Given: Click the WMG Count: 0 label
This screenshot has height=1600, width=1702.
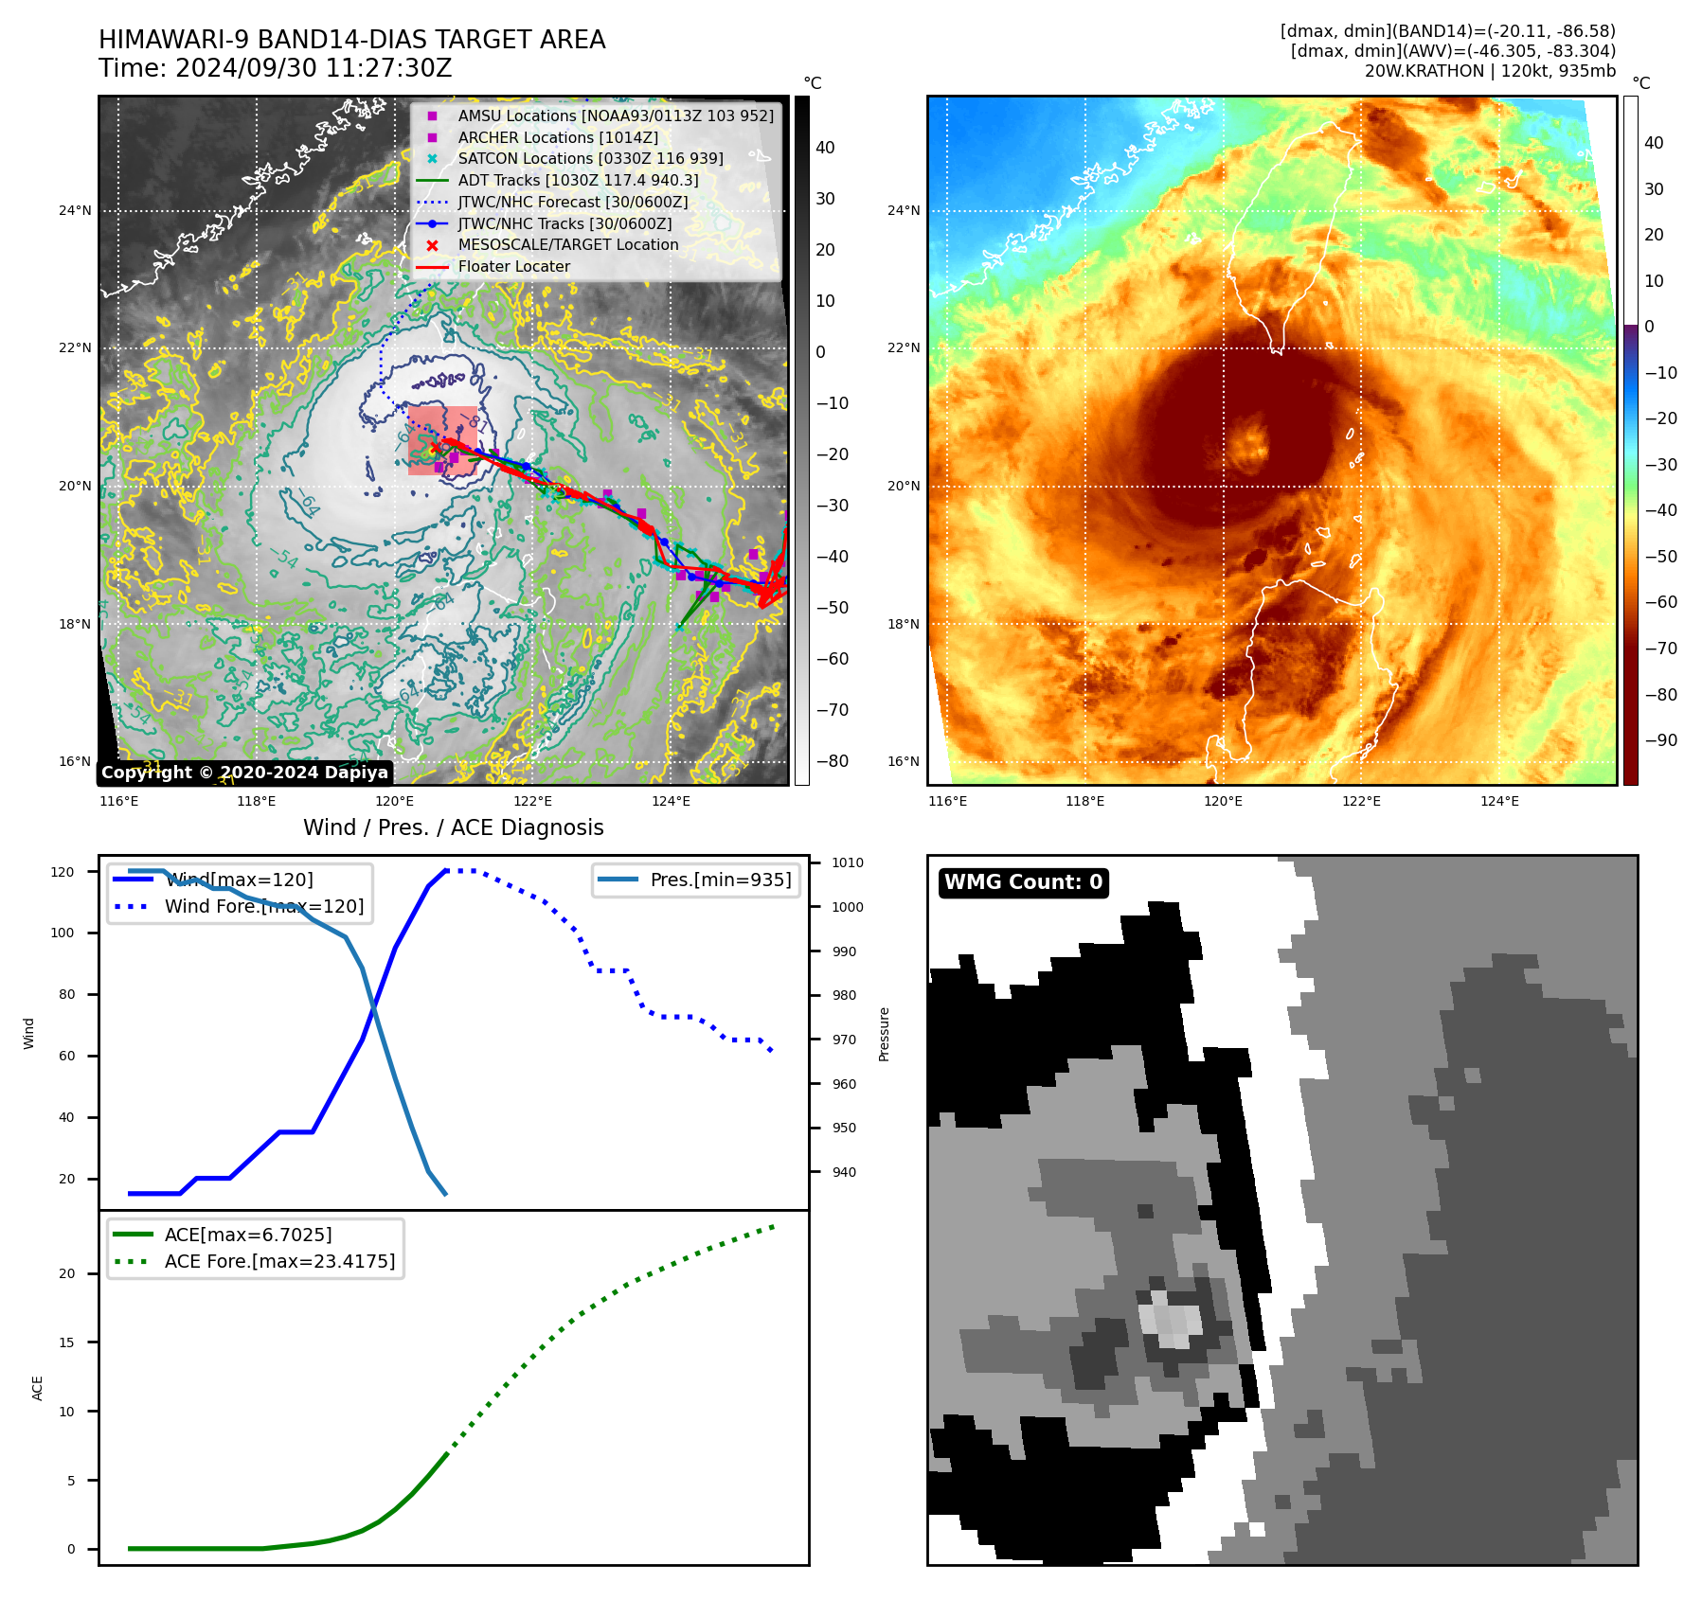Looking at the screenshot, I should coord(1023,882).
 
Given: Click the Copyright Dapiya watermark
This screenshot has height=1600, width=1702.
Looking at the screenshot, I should coord(244,773).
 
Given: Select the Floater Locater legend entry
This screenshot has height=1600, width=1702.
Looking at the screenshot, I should coord(513,267).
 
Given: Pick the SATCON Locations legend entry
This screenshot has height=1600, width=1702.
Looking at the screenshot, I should coord(589,159).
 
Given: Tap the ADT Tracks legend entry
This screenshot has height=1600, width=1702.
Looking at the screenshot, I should coord(578,180).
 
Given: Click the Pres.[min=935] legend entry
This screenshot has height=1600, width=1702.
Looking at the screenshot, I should coord(720,880).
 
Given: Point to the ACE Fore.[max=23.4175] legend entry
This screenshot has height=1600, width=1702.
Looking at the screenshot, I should coord(279,1261).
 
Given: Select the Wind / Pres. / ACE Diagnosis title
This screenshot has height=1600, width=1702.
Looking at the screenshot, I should coord(453,827).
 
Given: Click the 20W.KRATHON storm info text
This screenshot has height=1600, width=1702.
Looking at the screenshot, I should coord(1490,71).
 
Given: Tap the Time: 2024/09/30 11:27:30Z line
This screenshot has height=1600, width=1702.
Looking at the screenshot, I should coord(275,69).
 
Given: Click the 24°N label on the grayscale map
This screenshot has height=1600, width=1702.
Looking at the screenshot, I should coord(75,210).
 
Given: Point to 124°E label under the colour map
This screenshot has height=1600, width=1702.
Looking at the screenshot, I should coord(1499,801).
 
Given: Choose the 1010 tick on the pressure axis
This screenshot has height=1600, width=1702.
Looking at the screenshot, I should coord(848,862).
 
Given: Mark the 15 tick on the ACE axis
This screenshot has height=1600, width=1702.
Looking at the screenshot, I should coord(66,1342).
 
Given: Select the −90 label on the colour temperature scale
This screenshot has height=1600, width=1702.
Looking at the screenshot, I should coord(1660,740).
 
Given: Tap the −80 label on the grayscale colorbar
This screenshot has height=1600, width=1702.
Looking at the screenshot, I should coord(832,761).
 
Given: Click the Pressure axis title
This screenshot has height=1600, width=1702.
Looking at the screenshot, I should coord(884,1034).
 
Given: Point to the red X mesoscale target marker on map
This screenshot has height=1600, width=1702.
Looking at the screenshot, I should coord(436,449).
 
